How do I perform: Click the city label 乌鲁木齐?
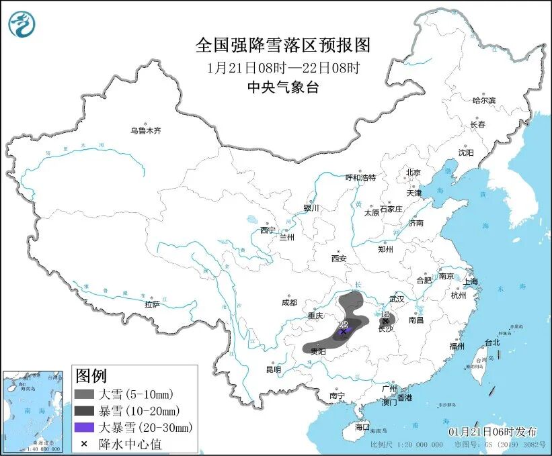(146, 131)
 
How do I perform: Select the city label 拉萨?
(152, 304)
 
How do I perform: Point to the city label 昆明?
(273, 369)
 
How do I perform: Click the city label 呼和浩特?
(360, 178)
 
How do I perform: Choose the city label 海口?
(362, 426)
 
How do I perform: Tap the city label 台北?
(492, 342)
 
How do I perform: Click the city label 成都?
(290, 302)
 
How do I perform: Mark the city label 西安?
(339, 258)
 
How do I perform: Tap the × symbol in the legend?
(84, 444)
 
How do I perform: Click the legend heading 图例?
(91, 375)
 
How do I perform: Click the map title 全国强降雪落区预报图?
(283, 45)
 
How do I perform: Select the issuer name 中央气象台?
(283, 87)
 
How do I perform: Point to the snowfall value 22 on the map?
(343, 324)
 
